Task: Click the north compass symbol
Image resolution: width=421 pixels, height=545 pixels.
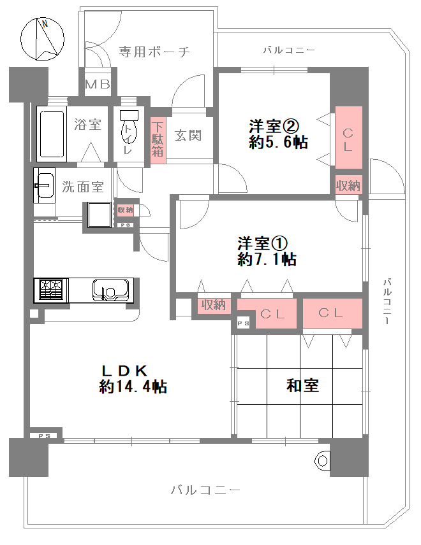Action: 43,39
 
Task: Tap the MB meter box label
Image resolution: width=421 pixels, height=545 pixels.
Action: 98,84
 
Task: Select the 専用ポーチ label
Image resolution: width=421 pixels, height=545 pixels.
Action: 154,52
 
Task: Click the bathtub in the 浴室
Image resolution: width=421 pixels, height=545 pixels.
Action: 52,134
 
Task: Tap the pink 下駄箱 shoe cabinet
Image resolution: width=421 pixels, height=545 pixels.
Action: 158,138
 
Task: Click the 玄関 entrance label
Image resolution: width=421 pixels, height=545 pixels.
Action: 188,135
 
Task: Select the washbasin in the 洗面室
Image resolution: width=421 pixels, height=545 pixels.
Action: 44,185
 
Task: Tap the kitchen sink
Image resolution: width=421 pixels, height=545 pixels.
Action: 111,290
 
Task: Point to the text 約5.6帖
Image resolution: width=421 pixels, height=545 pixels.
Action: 278,142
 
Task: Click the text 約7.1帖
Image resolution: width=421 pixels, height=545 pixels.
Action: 267,259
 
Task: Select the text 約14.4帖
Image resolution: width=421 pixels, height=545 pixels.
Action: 133,386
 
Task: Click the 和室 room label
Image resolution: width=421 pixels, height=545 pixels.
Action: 302,385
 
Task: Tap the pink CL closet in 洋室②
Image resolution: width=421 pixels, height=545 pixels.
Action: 349,138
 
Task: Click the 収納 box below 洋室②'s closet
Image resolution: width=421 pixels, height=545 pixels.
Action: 348,185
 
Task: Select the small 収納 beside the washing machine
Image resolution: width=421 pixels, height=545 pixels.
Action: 125,209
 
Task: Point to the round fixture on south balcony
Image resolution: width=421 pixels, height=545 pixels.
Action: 323,461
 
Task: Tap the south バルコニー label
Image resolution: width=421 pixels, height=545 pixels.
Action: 206,490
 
